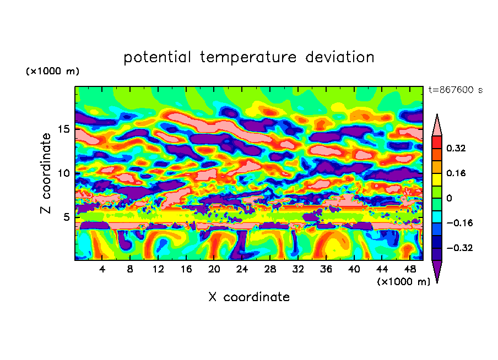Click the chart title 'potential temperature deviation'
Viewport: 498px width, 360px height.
coord(249,57)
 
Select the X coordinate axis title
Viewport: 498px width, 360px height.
coord(249,297)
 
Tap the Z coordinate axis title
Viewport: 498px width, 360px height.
coord(46,173)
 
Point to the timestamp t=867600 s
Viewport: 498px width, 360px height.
coord(455,90)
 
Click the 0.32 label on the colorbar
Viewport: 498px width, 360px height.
coord(456,148)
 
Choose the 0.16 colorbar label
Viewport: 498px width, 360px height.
coord(456,173)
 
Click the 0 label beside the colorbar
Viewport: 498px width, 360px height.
coord(448,198)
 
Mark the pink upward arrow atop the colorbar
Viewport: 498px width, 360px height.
coord(437,125)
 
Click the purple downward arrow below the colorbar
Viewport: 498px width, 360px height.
coord(437,271)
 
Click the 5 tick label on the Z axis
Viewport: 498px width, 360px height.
coord(67,217)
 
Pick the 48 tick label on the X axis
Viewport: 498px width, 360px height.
coord(410,270)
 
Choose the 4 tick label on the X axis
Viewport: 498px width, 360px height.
coord(102,270)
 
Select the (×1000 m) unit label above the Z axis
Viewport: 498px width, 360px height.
coord(52,72)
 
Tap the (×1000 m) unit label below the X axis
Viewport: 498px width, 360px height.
coord(403,281)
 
